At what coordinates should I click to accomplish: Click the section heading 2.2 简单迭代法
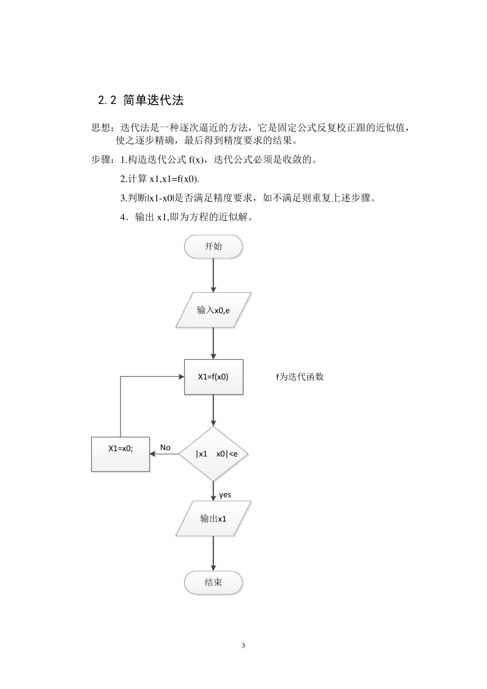pyautogui.click(x=140, y=100)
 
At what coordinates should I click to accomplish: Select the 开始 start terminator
pyautogui.click(x=213, y=247)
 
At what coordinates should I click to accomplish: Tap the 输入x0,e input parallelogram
pyautogui.click(x=213, y=310)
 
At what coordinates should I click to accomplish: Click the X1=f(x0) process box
pyautogui.click(x=213, y=377)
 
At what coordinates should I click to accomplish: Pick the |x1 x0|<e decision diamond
pyautogui.click(x=213, y=454)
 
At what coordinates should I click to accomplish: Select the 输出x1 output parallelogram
pyautogui.click(x=213, y=519)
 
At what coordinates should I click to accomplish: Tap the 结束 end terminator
pyautogui.click(x=213, y=582)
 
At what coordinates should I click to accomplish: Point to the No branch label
pyautogui.click(x=165, y=448)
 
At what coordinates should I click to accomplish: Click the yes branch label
pyautogui.click(x=225, y=495)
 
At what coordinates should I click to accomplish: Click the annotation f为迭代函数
pyautogui.click(x=300, y=377)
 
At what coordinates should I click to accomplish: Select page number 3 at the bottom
pyautogui.click(x=243, y=645)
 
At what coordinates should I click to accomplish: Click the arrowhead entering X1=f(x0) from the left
pyautogui.click(x=181, y=377)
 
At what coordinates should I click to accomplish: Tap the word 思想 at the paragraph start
pyautogui.click(x=100, y=128)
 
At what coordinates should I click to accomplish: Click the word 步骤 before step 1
pyautogui.click(x=100, y=159)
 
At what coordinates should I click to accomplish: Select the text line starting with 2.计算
pyautogui.click(x=159, y=179)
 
